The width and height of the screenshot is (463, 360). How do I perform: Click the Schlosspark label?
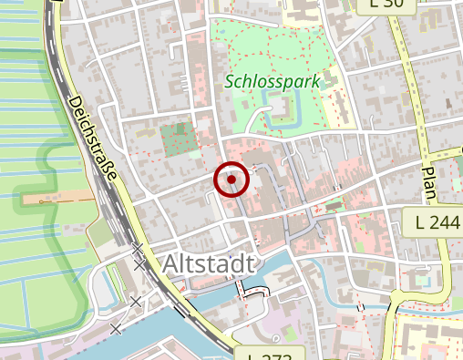tap(273, 82)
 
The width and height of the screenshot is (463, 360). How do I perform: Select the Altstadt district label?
tap(209, 264)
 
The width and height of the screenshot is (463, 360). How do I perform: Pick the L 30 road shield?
tap(393, 5)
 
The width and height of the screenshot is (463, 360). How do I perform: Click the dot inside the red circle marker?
tap(231, 180)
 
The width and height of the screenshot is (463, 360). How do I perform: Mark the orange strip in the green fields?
tap(56, 198)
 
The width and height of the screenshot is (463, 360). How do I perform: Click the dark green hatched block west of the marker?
tap(178, 138)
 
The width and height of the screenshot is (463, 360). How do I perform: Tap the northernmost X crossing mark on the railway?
tap(137, 247)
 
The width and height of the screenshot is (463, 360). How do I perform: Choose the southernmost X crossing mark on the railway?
tap(116, 327)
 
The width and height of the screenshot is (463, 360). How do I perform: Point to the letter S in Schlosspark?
tap(230, 82)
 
